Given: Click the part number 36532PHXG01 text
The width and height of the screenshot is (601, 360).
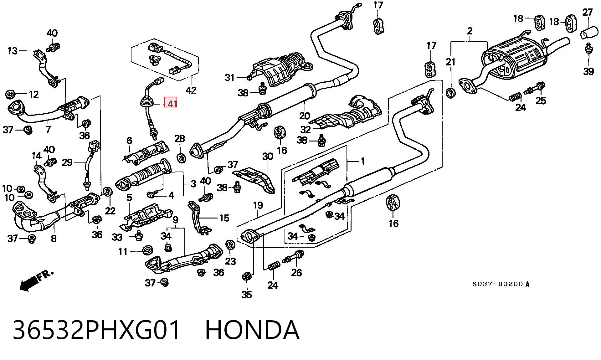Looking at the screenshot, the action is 96,330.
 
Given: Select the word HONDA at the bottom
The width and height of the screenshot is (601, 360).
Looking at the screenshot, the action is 252,330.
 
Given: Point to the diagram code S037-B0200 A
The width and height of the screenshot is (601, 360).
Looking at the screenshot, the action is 501,284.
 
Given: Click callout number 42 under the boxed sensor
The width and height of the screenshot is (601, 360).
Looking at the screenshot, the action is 191,90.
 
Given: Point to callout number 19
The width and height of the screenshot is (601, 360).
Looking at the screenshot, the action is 258,206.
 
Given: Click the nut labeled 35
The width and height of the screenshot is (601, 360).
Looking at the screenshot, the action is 246,277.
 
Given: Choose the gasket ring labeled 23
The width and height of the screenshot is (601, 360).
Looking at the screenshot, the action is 230,244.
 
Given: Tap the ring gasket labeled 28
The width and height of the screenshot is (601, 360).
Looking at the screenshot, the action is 181,158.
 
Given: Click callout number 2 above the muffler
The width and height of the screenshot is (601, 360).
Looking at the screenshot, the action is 470,31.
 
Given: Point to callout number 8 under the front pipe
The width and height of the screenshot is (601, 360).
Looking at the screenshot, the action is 54,239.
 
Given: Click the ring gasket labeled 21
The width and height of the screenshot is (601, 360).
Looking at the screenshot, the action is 450,93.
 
